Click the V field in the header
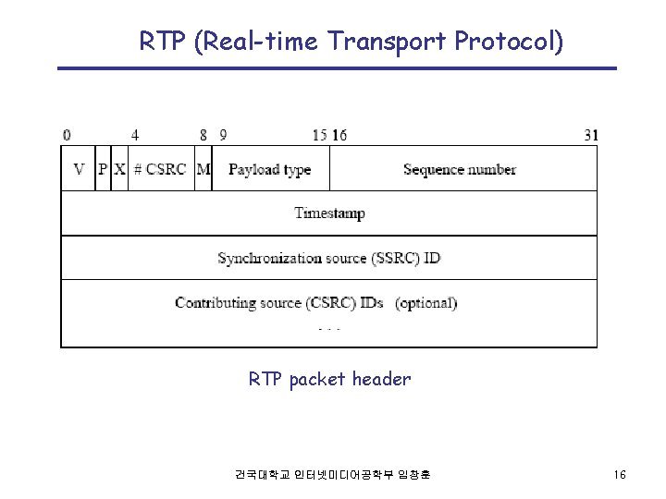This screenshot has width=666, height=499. click(79, 169)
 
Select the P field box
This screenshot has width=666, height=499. click(103, 169)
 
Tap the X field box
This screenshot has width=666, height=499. click(119, 169)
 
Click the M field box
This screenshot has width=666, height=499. click(203, 169)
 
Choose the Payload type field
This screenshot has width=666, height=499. click(269, 169)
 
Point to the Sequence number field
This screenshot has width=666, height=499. click(460, 169)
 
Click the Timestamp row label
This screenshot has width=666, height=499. click(329, 213)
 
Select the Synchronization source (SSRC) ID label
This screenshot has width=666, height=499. click(329, 258)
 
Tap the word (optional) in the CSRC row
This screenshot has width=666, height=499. click(426, 302)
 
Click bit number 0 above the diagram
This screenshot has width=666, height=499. click(67, 135)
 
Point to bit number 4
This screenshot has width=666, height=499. click(135, 135)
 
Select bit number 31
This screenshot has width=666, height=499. click(591, 135)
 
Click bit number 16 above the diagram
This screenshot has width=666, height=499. click(339, 135)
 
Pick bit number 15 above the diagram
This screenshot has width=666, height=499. click(320, 135)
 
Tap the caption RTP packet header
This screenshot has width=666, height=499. click(329, 379)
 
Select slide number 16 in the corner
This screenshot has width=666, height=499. click(620, 475)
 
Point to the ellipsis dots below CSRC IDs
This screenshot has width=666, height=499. click(330, 329)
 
